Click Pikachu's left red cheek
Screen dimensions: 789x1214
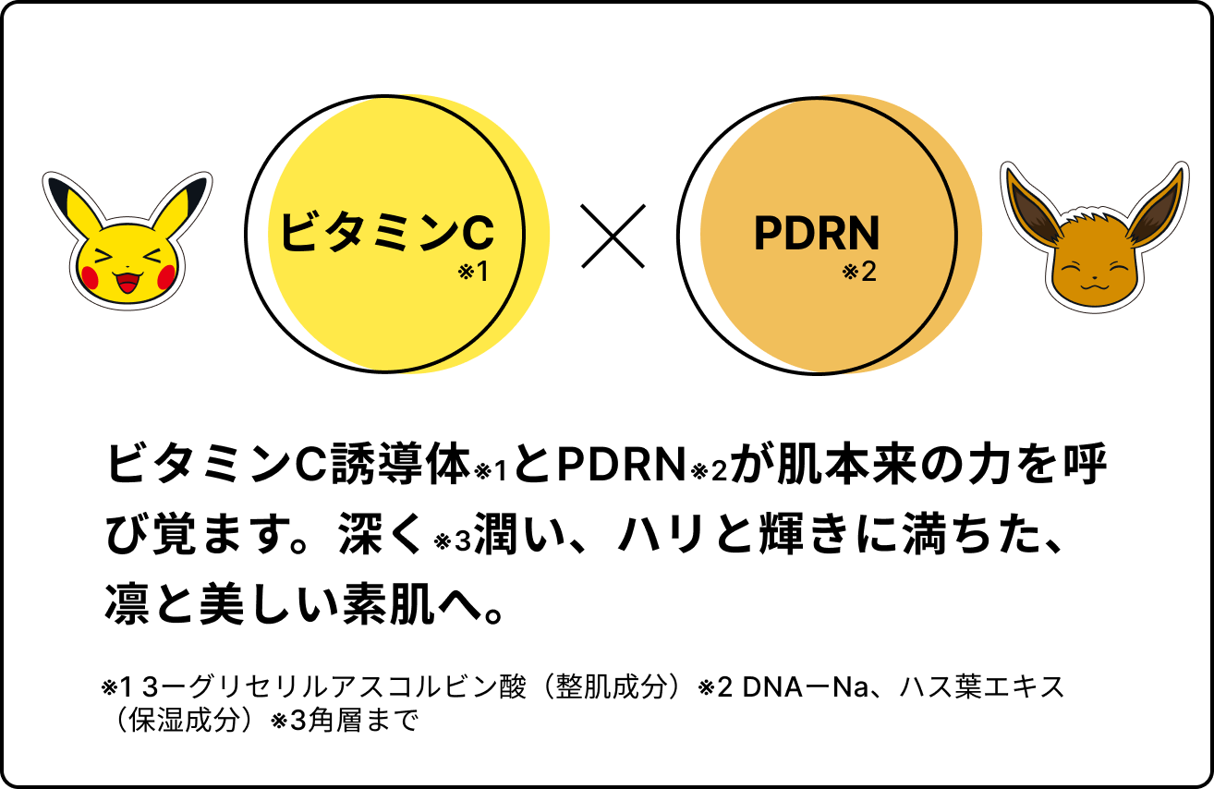(x=90, y=275)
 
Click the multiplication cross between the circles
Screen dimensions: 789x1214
(x=613, y=235)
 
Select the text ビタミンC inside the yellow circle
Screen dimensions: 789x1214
(x=386, y=232)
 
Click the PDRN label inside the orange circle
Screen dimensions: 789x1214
(x=817, y=234)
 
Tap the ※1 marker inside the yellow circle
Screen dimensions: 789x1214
(x=472, y=273)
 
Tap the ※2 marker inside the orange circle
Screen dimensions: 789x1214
(x=859, y=273)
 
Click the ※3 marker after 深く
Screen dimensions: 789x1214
(x=453, y=541)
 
